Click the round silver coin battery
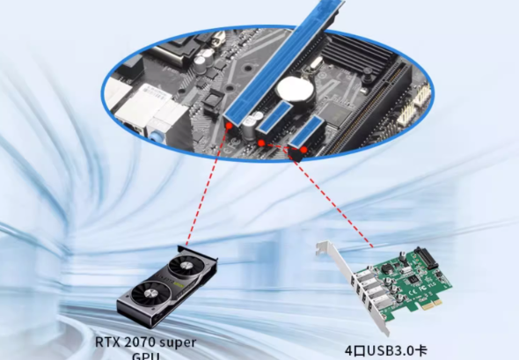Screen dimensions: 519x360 (295, 90)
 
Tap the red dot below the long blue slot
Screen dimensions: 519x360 (229, 126)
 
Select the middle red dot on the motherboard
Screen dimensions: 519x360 (261, 143)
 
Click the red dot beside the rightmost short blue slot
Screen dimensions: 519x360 (303, 150)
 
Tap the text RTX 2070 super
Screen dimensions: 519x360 (146, 342)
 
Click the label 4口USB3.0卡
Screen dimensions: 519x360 (386, 350)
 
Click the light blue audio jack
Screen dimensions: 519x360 (157, 136)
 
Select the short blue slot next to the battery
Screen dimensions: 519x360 (275, 116)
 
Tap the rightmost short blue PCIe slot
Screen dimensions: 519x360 (307, 131)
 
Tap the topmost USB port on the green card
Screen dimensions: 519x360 (362, 276)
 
